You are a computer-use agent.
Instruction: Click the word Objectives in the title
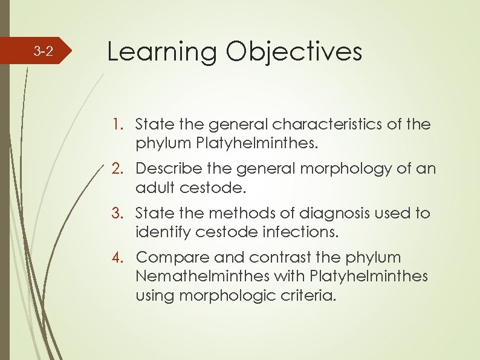(294, 52)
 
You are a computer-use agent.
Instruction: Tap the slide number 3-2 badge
(43, 51)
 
